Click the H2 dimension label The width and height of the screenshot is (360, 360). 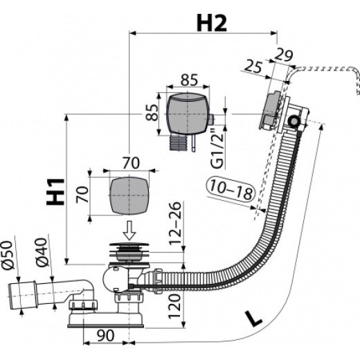point(212,23)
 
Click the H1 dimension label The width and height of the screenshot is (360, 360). point(55,192)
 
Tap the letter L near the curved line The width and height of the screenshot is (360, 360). point(253,318)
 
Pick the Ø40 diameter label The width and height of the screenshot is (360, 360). point(42,252)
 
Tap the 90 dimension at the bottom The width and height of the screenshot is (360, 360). point(105,336)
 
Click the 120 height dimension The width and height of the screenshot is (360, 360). point(174,307)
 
